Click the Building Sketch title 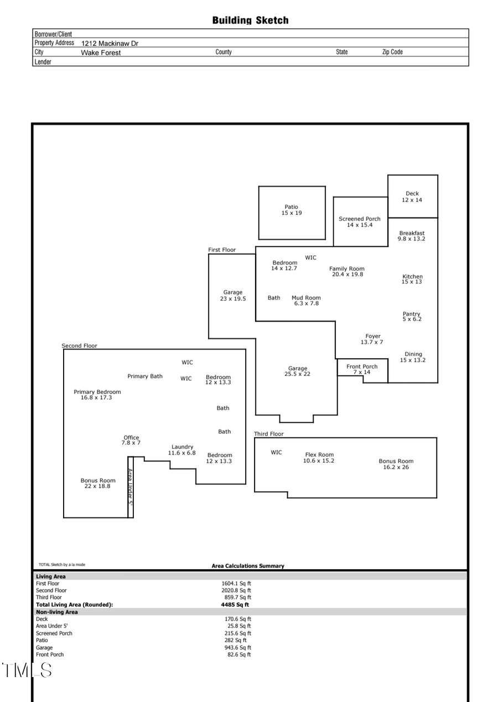coord(250,20)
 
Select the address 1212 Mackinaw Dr coord(110,43)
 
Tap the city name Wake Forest coord(101,53)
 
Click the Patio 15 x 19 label coord(292,210)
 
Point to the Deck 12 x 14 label coord(412,197)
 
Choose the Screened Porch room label coord(360,222)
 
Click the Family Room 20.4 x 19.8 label coord(347,271)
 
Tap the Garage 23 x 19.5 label coord(233,296)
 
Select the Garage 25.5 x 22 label coord(297,371)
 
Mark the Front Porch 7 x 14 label coord(362,369)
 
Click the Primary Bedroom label coord(97,395)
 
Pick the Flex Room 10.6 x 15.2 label coord(319,458)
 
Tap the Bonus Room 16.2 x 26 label coord(396,464)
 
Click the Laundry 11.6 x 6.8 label coord(182,450)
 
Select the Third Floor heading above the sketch coord(269,434)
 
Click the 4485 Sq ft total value coord(235,605)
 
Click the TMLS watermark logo coord(27,670)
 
